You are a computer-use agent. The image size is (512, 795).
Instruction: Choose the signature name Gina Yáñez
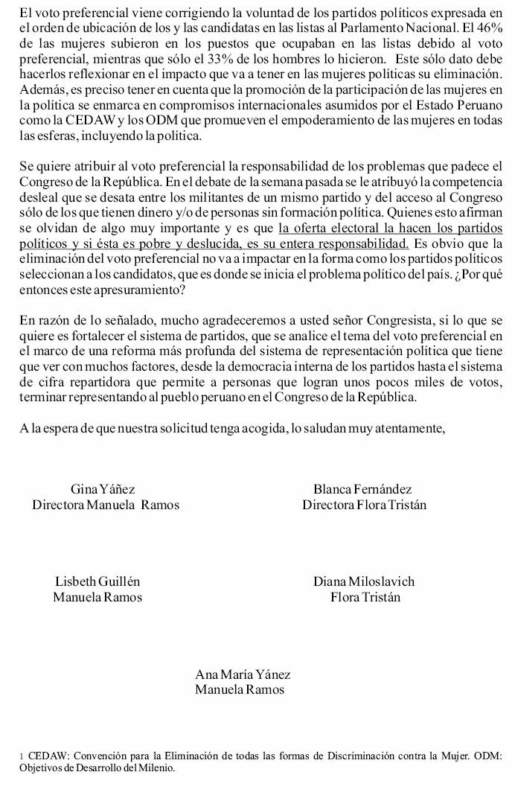(x=102, y=490)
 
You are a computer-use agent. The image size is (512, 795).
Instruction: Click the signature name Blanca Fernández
(x=362, y=490)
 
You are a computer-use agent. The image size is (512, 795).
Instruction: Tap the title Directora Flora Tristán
(x=364, y=505)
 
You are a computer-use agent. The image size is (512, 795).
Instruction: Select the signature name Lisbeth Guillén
(x=97, y=581)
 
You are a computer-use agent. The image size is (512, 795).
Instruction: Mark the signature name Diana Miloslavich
(x=364, y=581)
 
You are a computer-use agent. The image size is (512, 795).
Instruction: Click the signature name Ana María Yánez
(x=243, y=674)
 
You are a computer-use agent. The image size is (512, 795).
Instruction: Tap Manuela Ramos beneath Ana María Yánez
(x=240, y=690)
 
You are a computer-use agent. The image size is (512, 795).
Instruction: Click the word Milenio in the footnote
(x=158, y=767)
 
